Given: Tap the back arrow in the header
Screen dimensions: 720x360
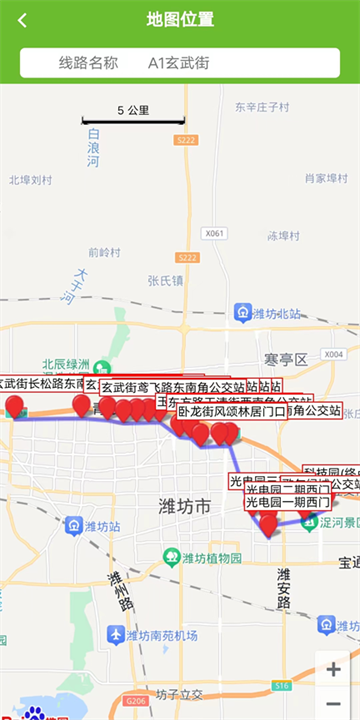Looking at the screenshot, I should (x=22, y=20).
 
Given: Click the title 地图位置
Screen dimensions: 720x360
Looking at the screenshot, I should (x=180, y=20).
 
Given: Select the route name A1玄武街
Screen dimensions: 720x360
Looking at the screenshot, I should (x=179, y=63).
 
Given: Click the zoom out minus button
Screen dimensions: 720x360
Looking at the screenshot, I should (x=334, y=704).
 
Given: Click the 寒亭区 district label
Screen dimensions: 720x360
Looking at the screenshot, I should (x=285, y=359).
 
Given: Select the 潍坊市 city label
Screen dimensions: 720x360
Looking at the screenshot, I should (x=185, y=509).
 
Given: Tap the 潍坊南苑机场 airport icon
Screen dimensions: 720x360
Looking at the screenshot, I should (x=116, y=634).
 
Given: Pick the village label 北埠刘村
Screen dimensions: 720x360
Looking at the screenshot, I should (x=30, y=181).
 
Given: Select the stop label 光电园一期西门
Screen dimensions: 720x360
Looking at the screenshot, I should (x=287, y=502).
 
